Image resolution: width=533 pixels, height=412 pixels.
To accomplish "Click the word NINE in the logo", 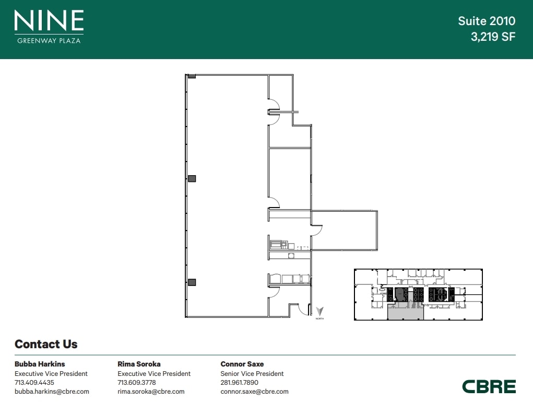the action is (49, 20).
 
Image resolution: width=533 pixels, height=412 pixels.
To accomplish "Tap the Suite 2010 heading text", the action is (487, 21).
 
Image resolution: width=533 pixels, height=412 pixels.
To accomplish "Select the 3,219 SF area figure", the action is (493, 37).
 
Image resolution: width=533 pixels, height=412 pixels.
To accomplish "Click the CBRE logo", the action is (489, 386).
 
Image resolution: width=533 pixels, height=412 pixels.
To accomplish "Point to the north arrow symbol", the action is (319, 311).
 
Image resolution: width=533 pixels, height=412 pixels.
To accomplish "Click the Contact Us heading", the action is (46, 344).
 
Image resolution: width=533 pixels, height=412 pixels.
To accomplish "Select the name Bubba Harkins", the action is (40, 364).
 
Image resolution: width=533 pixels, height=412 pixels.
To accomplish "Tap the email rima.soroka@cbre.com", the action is (151, 392).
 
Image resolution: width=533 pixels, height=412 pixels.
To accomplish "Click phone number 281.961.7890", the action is (239, 382).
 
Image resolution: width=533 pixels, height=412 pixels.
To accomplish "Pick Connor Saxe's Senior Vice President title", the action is (252, 373).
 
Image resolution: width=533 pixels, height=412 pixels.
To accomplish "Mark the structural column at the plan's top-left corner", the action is (192, 76).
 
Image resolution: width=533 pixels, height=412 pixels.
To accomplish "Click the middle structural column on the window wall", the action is (192, 178).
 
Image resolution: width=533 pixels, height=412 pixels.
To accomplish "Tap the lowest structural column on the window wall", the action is (192, 282).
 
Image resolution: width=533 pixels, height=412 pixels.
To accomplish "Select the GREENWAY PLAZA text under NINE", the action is (49, 40).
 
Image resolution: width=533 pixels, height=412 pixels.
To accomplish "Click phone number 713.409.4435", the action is (34, 382).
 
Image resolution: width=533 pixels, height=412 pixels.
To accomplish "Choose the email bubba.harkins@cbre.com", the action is (52, 392).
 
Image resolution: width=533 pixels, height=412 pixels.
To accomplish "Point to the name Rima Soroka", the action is (139, 364).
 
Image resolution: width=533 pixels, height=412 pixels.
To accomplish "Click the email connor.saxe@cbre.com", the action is (255, 392).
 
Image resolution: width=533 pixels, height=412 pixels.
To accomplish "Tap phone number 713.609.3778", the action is (137, 382).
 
